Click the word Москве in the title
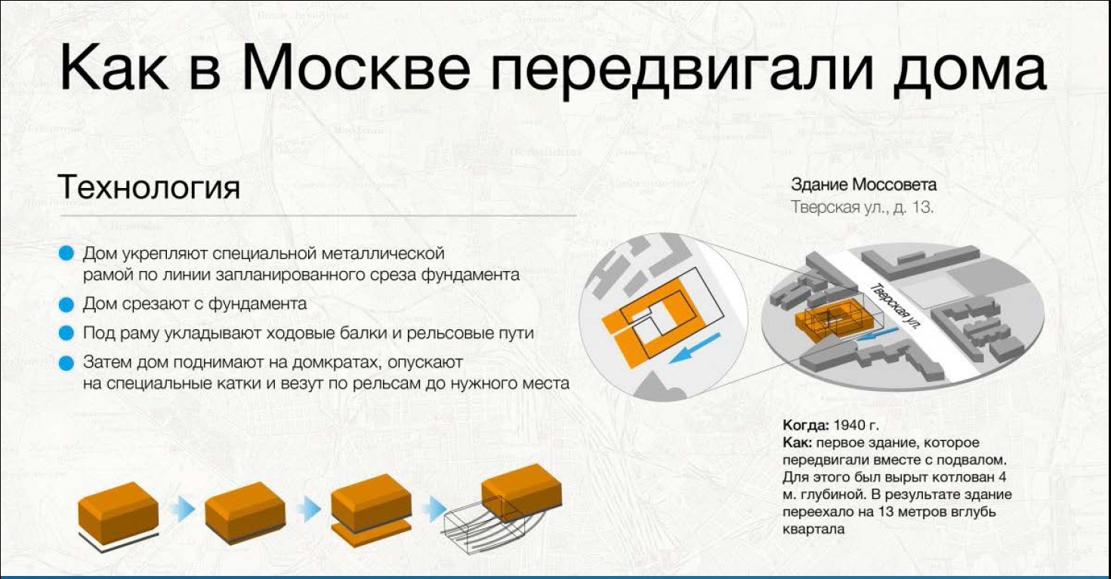pos(356,67)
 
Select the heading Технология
pos(149,187)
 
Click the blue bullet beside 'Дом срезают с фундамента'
pos(66,304)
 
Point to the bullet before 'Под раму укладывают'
pos(66,333)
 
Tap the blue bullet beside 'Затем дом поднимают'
pos(66,363)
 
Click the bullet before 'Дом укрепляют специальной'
pos(66,254)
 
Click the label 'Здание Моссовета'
pos(863,185)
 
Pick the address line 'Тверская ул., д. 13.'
pos(862,207)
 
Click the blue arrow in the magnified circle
pos(694,348)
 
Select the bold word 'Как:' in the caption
pos(798,442)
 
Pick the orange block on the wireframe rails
pos(522,491)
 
